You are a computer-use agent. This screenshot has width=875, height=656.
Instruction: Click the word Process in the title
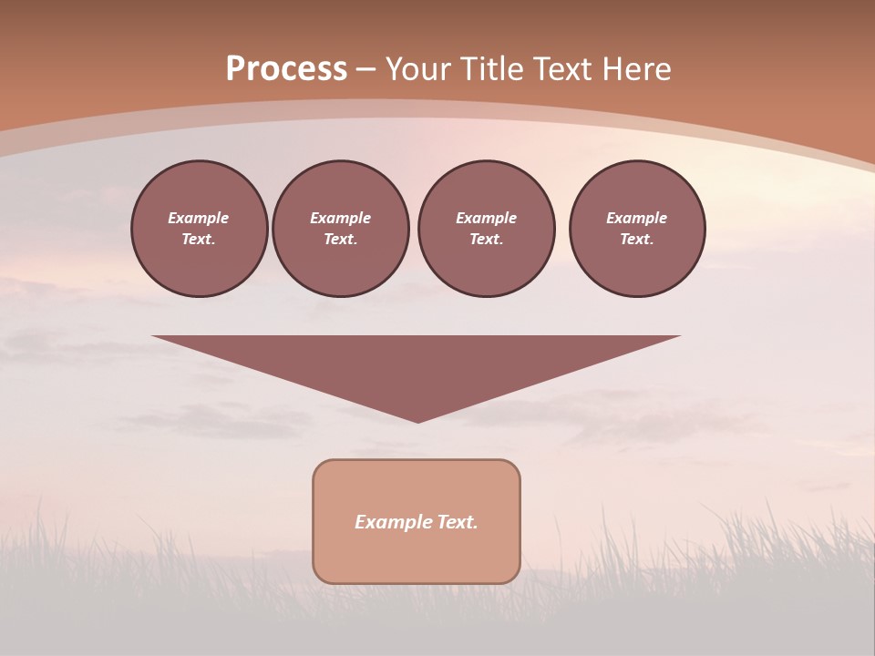[x=286, y=69]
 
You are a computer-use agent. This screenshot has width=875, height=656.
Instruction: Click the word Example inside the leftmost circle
[x=199, y=218]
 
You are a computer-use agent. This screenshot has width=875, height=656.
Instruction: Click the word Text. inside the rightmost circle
[x=637, y=239]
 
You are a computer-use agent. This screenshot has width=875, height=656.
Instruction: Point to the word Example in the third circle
[x=486, y=218]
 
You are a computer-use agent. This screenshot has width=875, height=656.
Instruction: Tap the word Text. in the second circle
[x=341, y=239]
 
